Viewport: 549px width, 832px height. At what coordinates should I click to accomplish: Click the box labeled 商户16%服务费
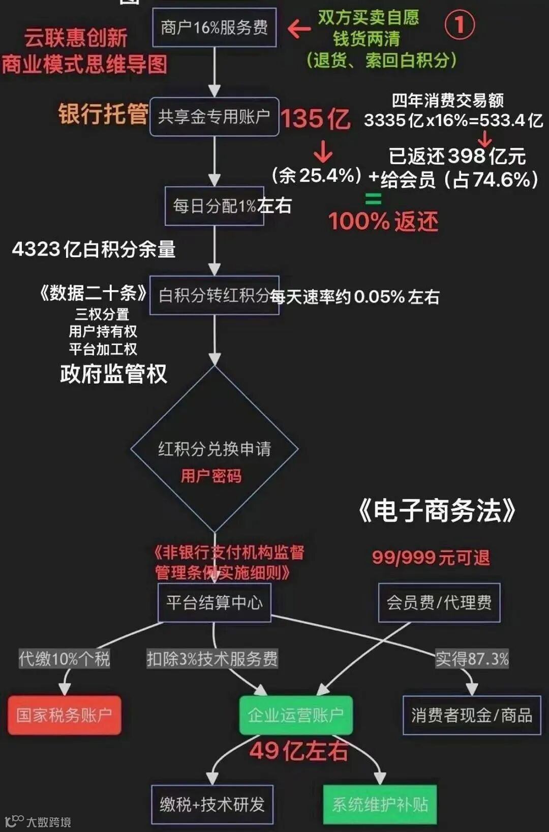[x=214, y=27]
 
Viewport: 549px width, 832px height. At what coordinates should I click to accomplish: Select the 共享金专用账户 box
[x=214, y=117]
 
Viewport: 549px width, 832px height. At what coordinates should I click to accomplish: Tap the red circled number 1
[x=459, y=25]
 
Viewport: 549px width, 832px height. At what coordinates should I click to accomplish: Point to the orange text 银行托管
[x=103, y=114]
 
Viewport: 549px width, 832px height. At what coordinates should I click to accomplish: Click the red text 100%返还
[x=383, y=222]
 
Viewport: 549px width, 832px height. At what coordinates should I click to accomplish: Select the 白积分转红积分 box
[x=214, y=295]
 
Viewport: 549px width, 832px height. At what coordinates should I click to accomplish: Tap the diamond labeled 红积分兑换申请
[x=214, y=449]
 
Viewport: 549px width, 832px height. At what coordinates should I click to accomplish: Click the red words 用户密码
[x=211, y=476]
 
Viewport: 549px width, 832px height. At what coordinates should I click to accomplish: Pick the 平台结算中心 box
[x=214, y=603]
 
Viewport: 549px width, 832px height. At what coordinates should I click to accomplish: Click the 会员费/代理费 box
[x=439, y=603]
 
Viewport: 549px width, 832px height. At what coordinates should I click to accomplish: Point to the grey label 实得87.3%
[x=472, y=659]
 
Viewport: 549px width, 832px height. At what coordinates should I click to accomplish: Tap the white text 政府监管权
[x=113, y=374]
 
